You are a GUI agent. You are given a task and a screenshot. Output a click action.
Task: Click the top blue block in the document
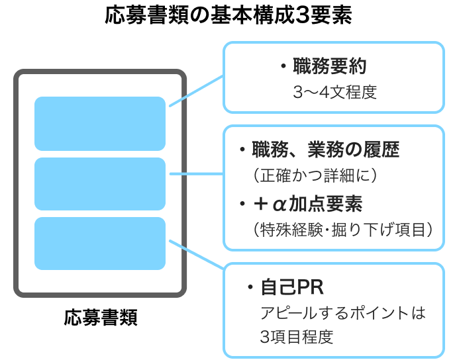tap(99, 124)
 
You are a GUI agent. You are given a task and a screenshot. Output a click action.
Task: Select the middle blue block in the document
tap(99, 183)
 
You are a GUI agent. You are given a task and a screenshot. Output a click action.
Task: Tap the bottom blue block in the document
tap(99, 243)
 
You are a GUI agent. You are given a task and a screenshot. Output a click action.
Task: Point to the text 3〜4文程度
tap(334, 92)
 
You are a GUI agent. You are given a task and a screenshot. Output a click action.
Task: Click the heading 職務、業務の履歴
tap(325, 150)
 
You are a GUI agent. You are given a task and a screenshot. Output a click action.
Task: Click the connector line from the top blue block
tap(196, 91)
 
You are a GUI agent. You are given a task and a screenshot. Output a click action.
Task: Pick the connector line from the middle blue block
tap(196, 174)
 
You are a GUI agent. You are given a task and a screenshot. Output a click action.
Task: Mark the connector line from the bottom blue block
tap(196, 255)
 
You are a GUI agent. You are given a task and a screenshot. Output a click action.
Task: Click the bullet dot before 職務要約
tap(283, 67)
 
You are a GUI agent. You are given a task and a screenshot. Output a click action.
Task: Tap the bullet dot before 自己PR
tap(250, 288)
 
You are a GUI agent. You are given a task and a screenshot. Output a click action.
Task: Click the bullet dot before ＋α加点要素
tap(242, 204)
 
